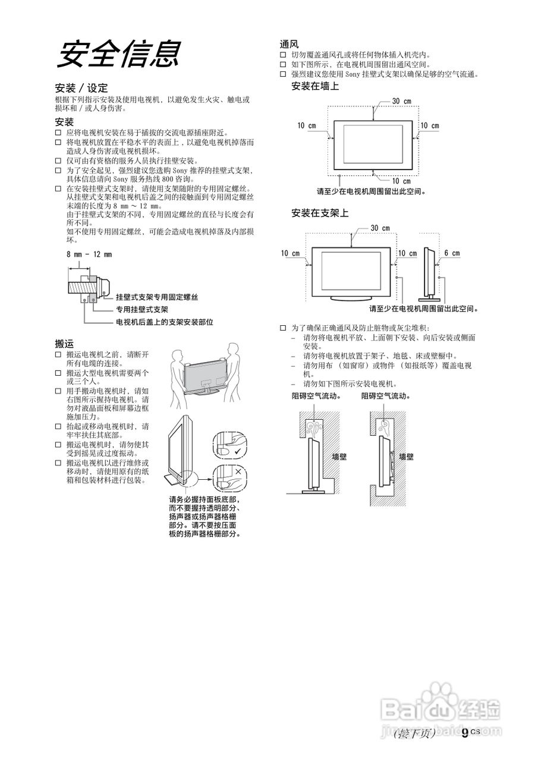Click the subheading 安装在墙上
[x=315, y=87]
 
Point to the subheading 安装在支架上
[x=320, y=213]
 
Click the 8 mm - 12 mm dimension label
[x=89, y=254]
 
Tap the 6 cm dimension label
[x=452, y=253]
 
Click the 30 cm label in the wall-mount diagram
[x=402, y=101]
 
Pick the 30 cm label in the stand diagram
[x=380, y=228]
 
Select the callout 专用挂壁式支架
[x=142, y=310]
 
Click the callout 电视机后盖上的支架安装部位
[x=164, y=322]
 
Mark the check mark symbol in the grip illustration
[x=238, y=452]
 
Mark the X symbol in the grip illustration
[x=238, y=471]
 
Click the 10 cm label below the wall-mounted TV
[x=401, y=181]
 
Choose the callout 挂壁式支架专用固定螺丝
[x=157, y=297]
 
